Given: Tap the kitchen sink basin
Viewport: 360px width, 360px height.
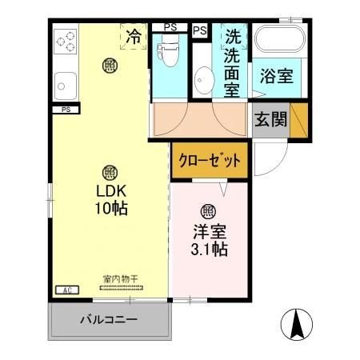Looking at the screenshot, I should click(x=64, y=82).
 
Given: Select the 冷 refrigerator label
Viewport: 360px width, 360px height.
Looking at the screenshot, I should click(x=134, y=36).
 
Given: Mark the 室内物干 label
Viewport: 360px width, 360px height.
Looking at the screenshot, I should click(x=120, y=279).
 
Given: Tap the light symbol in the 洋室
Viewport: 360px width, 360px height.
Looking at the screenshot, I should click(x=207, y=211).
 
